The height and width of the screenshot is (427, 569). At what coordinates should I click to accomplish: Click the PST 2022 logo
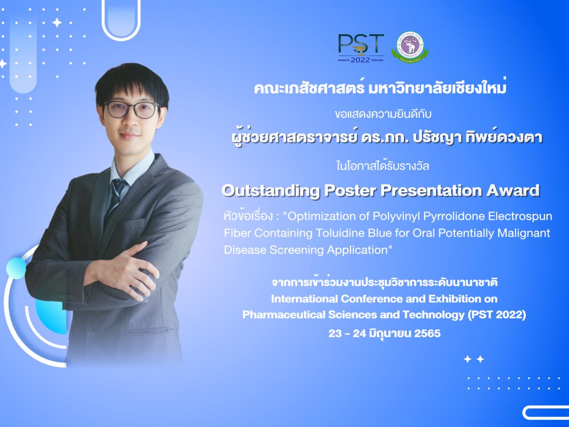361,48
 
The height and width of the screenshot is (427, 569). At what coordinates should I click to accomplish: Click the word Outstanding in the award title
271,191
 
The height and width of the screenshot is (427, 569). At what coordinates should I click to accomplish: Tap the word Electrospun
520,216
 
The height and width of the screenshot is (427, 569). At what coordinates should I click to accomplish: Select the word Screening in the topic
296,250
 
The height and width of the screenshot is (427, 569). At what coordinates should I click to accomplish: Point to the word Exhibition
455,299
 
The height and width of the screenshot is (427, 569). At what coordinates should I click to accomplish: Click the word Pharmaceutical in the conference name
284,315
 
